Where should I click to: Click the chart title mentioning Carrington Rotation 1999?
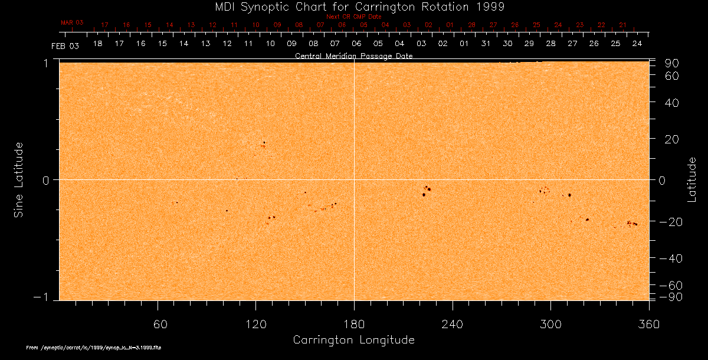click(354, 7)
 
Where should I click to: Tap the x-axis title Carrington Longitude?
click(353, 340)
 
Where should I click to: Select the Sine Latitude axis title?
click(19, 179)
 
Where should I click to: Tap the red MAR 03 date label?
click(72, 22)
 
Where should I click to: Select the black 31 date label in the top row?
click(486, 44)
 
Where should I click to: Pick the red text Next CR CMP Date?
click(354, 17)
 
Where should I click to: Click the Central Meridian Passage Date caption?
click(354, 56)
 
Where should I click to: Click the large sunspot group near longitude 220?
click(426, 191)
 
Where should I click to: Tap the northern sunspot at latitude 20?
click(264, 142)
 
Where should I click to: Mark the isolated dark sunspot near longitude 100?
click(227, 210)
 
